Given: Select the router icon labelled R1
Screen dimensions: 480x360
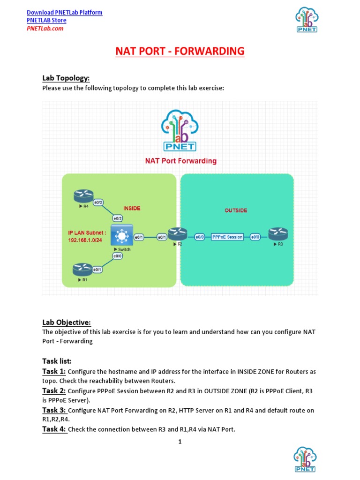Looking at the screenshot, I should click(x=82, y=270).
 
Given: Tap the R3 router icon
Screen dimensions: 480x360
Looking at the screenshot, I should click(x=278, y=233).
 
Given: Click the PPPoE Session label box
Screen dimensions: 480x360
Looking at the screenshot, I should click(x=227, y=237).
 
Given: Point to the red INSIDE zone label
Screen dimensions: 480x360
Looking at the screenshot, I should click(x=132, y=208).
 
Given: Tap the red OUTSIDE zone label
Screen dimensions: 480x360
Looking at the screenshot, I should click(x=236, y=210).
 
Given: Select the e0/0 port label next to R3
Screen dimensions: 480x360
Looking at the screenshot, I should click(x=255, y=237).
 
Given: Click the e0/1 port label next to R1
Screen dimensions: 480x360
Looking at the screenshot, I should click(x=98, y=270).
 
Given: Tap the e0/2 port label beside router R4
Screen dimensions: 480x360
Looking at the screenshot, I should click(x=98, y=202).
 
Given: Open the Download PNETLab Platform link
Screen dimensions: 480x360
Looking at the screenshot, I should click(x=65, y=12).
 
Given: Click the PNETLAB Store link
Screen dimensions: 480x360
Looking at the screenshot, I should click(x=46, y=20).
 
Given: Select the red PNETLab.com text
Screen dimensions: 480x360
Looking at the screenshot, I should click(x=45, y=28).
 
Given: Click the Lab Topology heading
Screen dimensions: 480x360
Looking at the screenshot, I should click(x=66, y=78).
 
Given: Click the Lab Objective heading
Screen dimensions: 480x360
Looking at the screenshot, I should click(x=66, y=322).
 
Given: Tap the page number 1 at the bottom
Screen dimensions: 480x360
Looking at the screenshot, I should click(x=180, y=442).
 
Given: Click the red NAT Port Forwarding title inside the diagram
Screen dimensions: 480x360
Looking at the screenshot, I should click(x=180, y=161).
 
